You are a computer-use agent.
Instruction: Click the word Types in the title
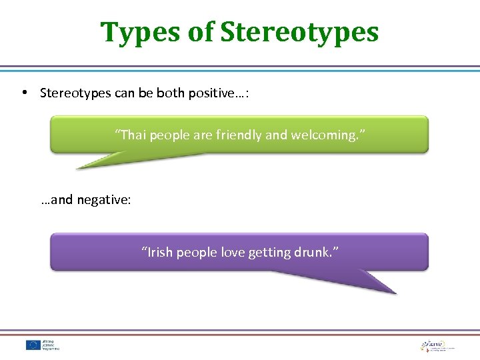141,31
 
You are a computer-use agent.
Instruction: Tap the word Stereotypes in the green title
299,31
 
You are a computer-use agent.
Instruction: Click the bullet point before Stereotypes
24,93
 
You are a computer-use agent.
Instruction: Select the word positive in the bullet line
215,93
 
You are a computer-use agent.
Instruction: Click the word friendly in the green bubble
239,135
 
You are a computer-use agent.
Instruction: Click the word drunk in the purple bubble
319,252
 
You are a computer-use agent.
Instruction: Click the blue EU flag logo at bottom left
33,345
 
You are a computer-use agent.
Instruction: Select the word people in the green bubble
169,135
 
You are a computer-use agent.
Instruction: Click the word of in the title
201,31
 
